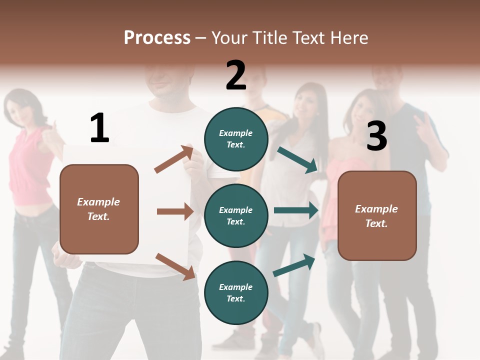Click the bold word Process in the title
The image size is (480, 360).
[x=157, y=37]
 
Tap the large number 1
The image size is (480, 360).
[x=99, y=128]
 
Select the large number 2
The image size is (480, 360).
[x=236, y=75]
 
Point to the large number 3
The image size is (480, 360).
[x=376, y=136]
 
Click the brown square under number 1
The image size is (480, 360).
[x=99, y=209]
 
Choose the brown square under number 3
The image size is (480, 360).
[x=377, y=215]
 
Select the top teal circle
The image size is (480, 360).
[x=236, y=139]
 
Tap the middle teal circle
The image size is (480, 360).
[x=236, y=215]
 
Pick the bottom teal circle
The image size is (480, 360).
[x=236, y=292]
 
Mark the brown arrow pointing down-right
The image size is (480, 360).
[x=175, y=266]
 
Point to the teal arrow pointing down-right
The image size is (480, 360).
[x=297, y=160]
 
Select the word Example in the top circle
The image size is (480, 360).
[x=236, y=133]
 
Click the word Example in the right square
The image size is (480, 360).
[x=376, y=209]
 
